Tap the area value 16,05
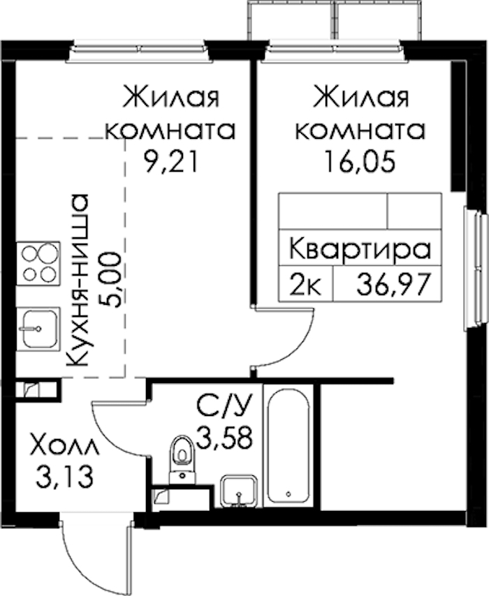pos(360,162)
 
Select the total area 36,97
pos(394,285)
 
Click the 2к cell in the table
pos(306,285)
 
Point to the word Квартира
pos(360,250)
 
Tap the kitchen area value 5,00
pos(110,279)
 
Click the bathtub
pos(288,445)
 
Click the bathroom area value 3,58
pos(224,438)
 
